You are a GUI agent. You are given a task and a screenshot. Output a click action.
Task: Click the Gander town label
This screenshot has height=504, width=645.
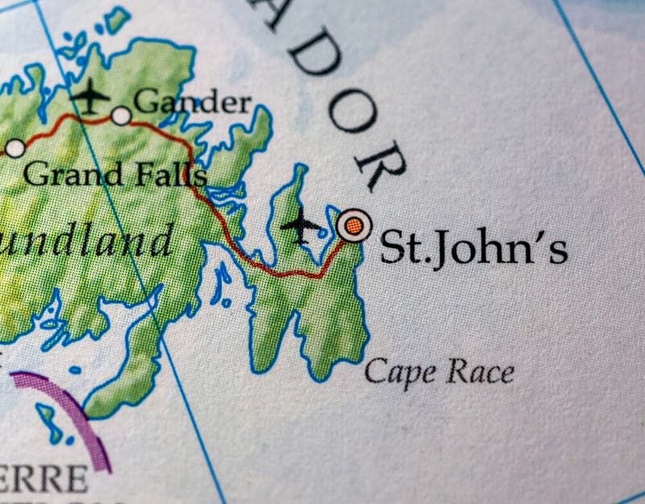[x=192, y=102]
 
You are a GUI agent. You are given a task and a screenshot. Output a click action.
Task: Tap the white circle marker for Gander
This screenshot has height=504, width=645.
[x=121, y=116]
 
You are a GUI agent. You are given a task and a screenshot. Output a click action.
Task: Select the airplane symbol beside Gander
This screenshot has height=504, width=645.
[x=89, y=97]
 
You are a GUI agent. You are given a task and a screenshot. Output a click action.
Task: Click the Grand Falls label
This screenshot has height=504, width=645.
[x=114, y=173]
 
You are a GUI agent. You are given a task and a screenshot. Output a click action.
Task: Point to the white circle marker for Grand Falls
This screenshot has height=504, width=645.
[x=15, y=148]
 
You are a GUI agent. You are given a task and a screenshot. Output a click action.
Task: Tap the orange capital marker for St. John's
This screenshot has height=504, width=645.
[x=353, y=225]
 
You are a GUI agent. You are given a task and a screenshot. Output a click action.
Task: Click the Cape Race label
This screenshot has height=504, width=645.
[x=439, y=372]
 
